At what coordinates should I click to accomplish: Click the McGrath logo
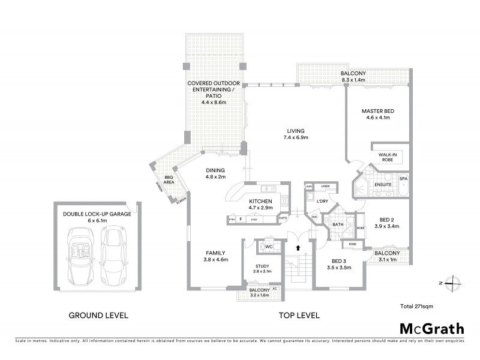tap(431, 328)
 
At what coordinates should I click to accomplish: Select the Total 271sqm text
tap(418, 307)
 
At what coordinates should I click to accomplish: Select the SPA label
tap(404, 179)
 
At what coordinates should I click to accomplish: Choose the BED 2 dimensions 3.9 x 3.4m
tap(386, 227)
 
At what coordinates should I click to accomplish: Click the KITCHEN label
tap(261, 201)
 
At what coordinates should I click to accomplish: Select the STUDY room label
tap(262, 266)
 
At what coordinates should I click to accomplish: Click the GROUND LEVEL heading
tap(99, 315)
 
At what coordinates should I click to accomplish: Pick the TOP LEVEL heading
tap(298, 315)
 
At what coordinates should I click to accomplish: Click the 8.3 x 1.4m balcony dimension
tap(353, 79)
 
